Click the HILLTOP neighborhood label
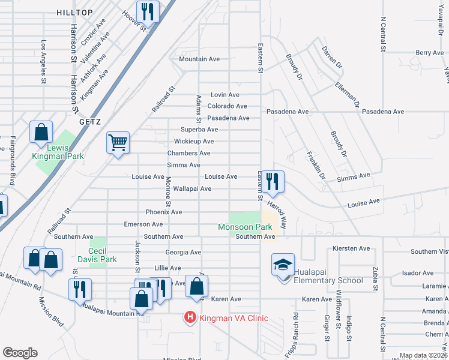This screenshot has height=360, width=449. [75, 12]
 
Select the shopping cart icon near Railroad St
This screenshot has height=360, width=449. [118, 143]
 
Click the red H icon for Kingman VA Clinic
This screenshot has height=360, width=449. [190, 317]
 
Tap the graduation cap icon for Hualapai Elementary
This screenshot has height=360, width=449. [282, 265]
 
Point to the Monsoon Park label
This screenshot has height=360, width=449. [244, 227]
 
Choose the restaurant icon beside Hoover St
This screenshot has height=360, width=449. [147, 11]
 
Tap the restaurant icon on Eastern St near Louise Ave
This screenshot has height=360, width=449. [273, 180]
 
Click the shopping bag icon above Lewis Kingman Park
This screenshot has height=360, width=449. [41, 131]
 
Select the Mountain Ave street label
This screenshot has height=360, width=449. [199, 59]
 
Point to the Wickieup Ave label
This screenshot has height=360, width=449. [193, 141]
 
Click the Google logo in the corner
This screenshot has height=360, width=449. [20, 352]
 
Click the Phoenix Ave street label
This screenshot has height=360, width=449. [163, 212]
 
